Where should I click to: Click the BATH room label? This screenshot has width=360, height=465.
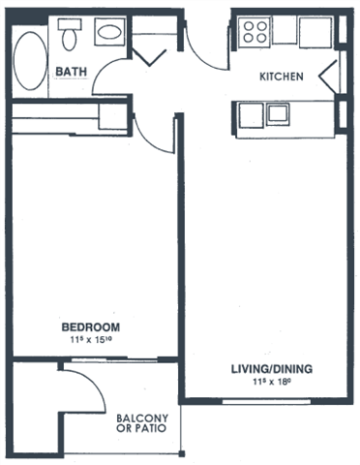tap(72, 72)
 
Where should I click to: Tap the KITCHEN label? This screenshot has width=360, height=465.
tap(282, 77)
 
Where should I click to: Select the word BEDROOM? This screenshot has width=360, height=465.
tap(91, 327)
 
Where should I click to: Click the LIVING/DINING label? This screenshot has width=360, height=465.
tap(272, 369)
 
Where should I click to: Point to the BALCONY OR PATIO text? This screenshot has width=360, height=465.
tap(142, 423)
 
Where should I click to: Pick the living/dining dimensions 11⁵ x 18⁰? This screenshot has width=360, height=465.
tap(272, 382)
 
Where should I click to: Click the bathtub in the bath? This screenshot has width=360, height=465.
tap(30, 61)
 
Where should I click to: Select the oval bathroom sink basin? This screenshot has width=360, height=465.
tap(110, 32)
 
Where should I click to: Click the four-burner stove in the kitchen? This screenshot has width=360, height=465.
tap(255, 32)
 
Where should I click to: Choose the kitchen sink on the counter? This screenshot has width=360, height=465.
tap(278, 113)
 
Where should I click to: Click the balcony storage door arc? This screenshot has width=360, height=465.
tap(94, 381)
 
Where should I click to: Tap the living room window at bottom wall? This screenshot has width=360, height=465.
tap(266, 401)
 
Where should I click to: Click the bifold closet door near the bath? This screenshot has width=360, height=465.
tap(149, 57)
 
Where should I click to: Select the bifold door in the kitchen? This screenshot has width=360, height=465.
tap(328, 77)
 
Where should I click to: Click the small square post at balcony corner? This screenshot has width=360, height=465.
tap(182, 453)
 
